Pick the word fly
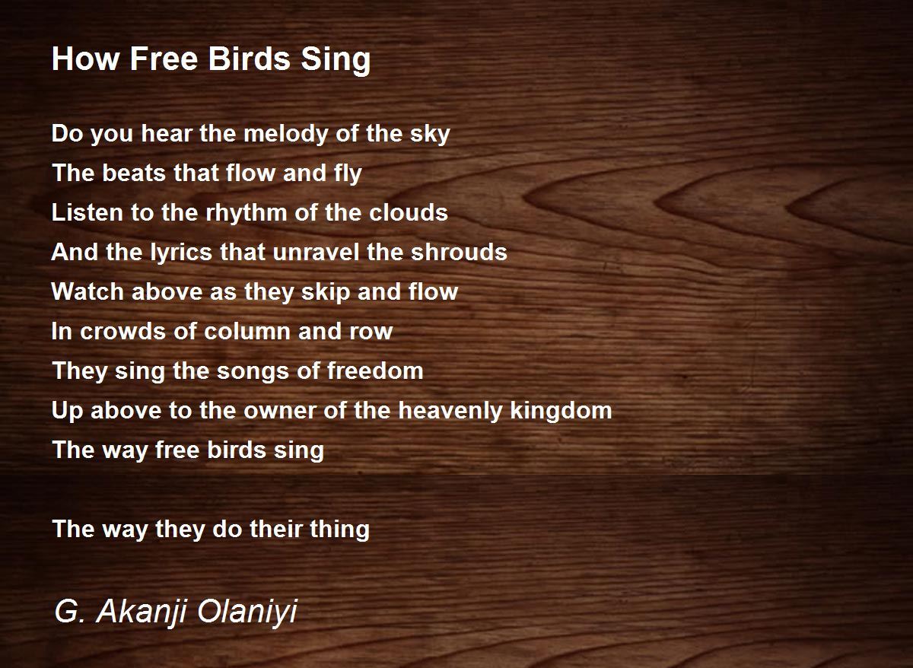(x=345, y=174)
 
